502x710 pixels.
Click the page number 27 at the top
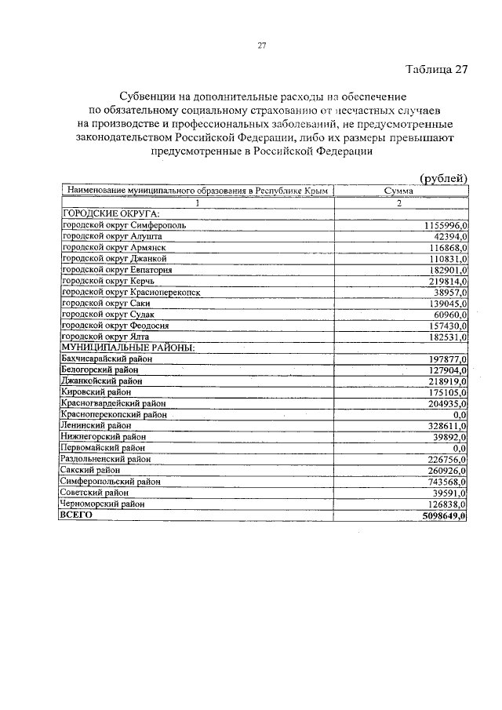tap(263, 45)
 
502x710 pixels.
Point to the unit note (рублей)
tap(443, 178)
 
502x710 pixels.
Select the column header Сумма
tap(399, 191)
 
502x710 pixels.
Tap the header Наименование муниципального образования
tap(196, 191)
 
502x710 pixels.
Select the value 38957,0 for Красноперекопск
tap(446, 292)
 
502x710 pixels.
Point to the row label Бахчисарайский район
tap(106, 359)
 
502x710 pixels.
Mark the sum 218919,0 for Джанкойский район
tap(443, 380)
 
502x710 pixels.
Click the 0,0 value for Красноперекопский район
tap(460, 414)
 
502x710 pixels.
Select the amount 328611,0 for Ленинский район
tap(443, 425)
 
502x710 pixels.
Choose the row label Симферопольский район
tap(110, 481)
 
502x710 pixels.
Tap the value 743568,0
tap(443, 481)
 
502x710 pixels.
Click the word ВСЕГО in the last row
tap(77, 515)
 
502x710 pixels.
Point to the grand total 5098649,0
tap(441, 515)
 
